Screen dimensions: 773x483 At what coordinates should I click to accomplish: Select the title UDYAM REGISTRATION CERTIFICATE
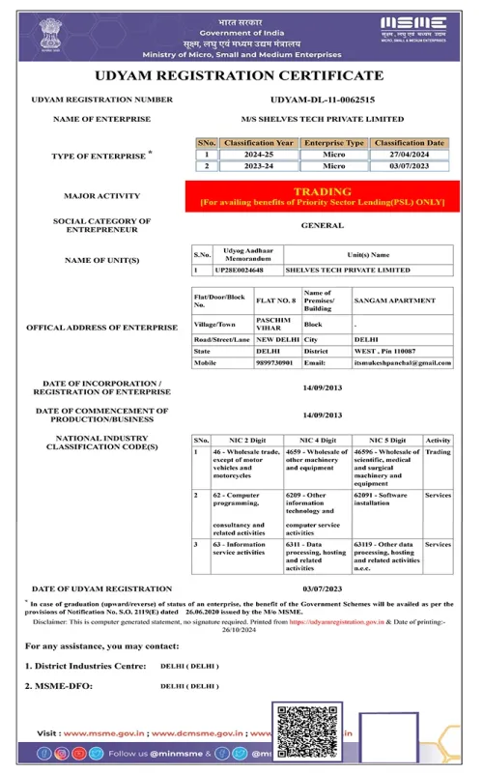pos(241,75)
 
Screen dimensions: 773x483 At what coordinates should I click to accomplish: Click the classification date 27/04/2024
pos(413,154)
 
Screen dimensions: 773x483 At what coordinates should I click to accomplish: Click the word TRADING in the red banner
pos(322,191)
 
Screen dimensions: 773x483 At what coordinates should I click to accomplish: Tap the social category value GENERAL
pos(322,225)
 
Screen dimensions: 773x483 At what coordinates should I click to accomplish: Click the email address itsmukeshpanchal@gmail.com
pos(403,362)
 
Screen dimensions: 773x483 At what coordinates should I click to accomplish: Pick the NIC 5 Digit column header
pos(386,439)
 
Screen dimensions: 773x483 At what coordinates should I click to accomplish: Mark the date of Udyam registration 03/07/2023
pos(322,587)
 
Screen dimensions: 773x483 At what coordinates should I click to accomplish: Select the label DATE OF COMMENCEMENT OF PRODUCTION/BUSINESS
pos(101,415)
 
